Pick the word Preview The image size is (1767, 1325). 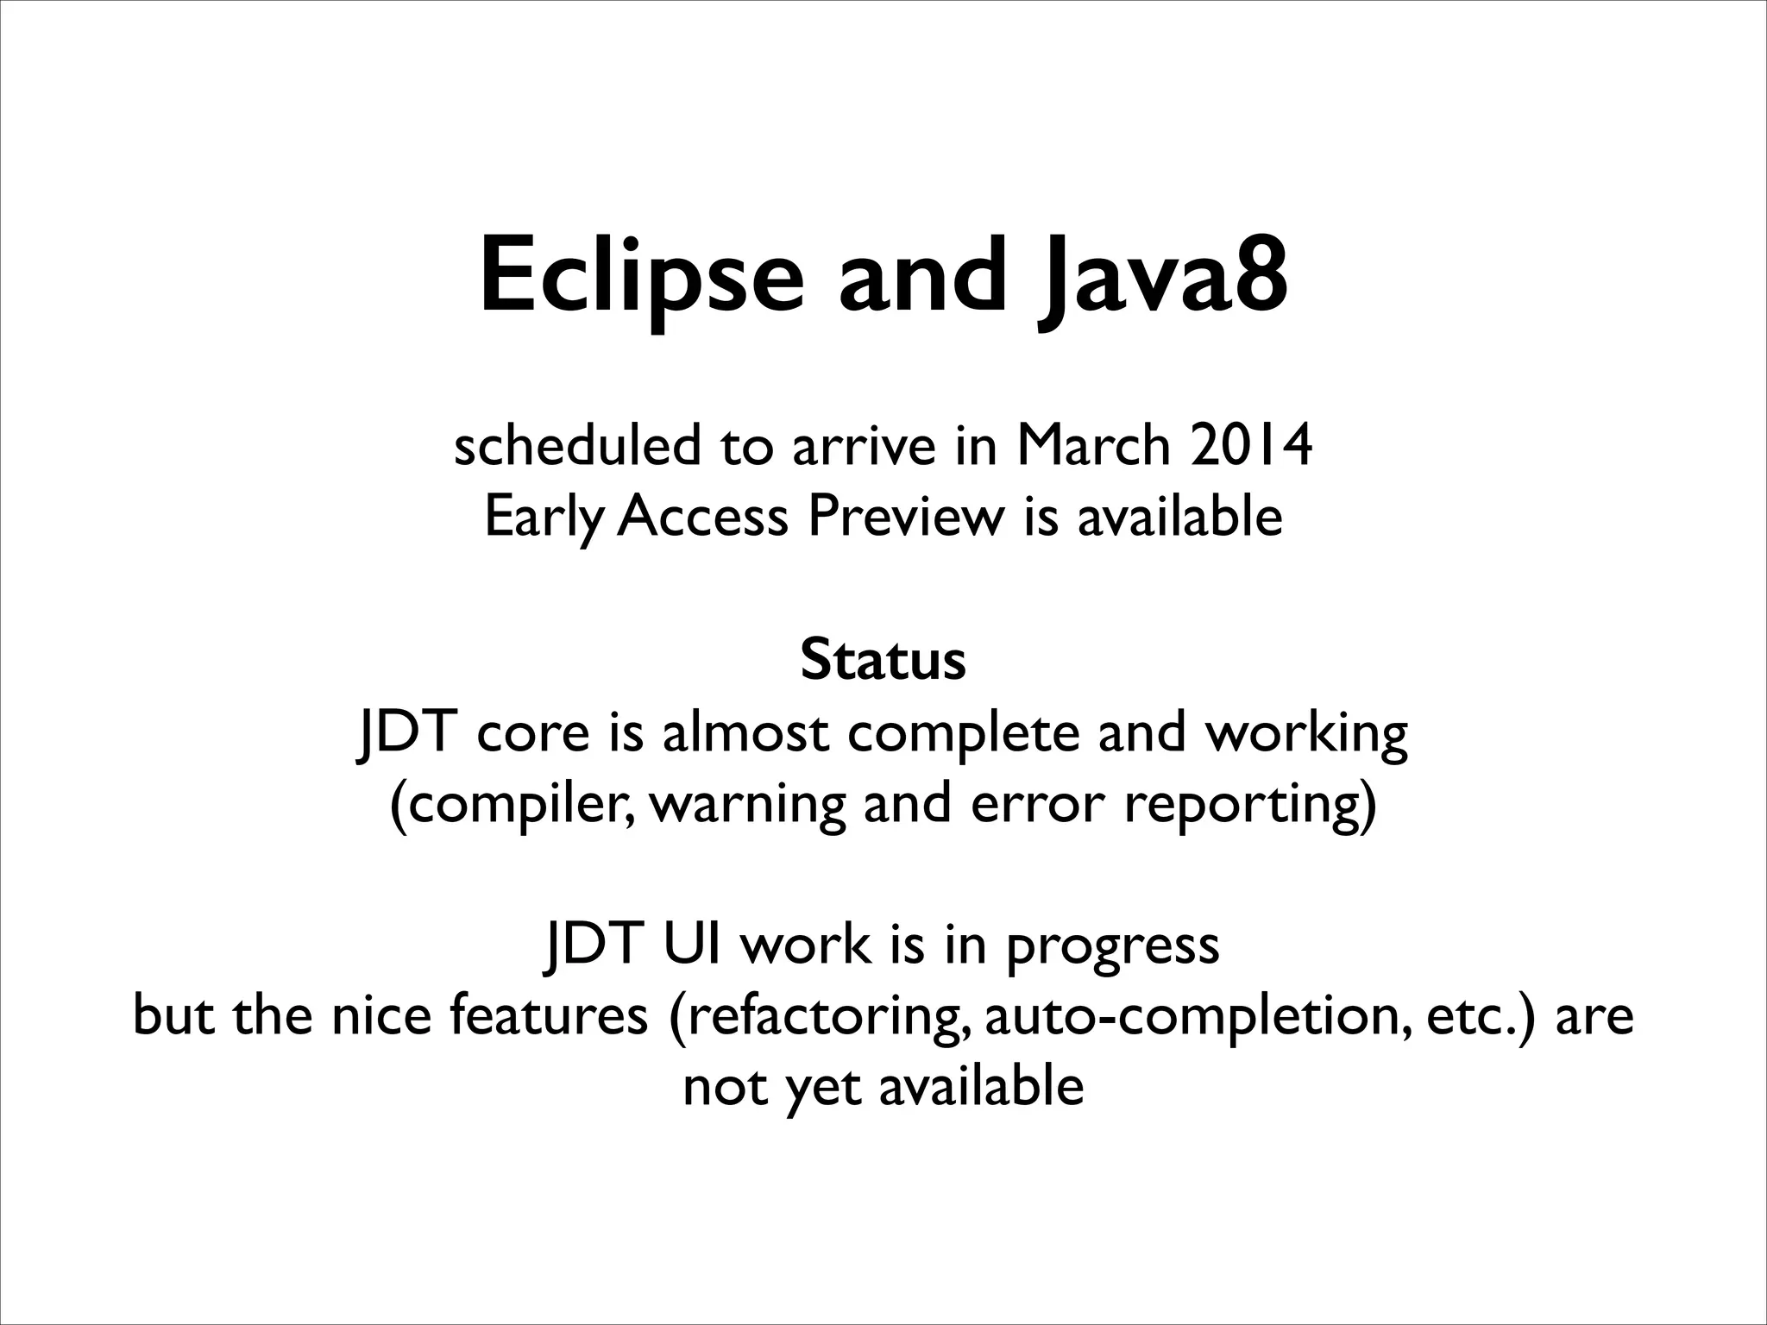(907, 518)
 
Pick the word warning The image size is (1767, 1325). (746, 806)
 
